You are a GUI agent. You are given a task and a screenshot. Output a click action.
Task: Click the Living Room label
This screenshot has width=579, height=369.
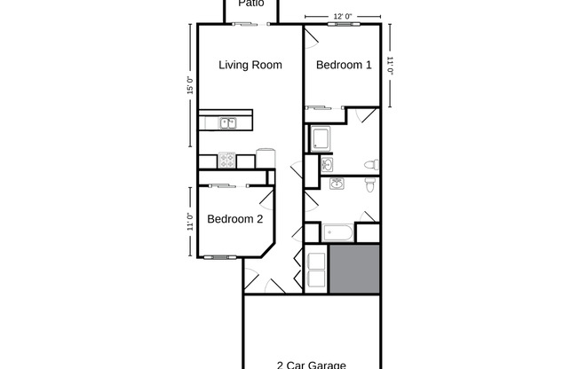(250, 65)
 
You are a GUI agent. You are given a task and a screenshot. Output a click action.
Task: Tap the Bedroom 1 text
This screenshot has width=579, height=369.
(344, 65)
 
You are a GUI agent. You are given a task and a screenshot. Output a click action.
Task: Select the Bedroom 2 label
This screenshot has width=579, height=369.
(234, 220)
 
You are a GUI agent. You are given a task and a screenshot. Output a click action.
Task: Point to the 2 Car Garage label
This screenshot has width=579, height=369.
(311, 364)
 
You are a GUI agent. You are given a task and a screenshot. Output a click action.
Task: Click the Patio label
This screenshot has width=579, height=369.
(250, 4)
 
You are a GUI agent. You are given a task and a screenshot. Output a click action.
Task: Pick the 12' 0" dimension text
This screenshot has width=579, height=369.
(343, 16)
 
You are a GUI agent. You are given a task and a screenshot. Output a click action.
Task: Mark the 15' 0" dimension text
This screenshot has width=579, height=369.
(189, 86)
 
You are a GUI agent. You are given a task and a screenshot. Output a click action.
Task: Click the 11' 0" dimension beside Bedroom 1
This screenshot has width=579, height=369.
(390, 66)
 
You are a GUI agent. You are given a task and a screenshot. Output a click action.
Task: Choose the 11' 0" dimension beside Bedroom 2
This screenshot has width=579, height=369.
(189, 221)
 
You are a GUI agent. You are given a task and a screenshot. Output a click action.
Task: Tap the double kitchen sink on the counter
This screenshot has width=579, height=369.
(227, 124)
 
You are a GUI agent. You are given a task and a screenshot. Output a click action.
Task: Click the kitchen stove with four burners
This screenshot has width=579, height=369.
(226, 161)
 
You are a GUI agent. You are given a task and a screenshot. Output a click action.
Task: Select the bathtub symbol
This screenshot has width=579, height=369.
(337, 233)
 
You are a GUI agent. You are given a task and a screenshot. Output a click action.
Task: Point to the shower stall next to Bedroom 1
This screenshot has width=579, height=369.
(320, 139)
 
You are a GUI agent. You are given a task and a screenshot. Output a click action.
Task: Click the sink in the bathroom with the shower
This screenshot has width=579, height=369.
(327, 165)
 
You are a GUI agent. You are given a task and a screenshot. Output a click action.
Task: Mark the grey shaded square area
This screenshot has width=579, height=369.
(354, 269)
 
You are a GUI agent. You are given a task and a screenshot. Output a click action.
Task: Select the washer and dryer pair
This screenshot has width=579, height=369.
(316, 269)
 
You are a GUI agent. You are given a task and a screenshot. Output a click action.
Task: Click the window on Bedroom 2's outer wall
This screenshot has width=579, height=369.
(216, 257)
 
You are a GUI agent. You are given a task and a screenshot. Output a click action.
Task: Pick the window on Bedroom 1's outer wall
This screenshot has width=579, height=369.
(342, 25)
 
